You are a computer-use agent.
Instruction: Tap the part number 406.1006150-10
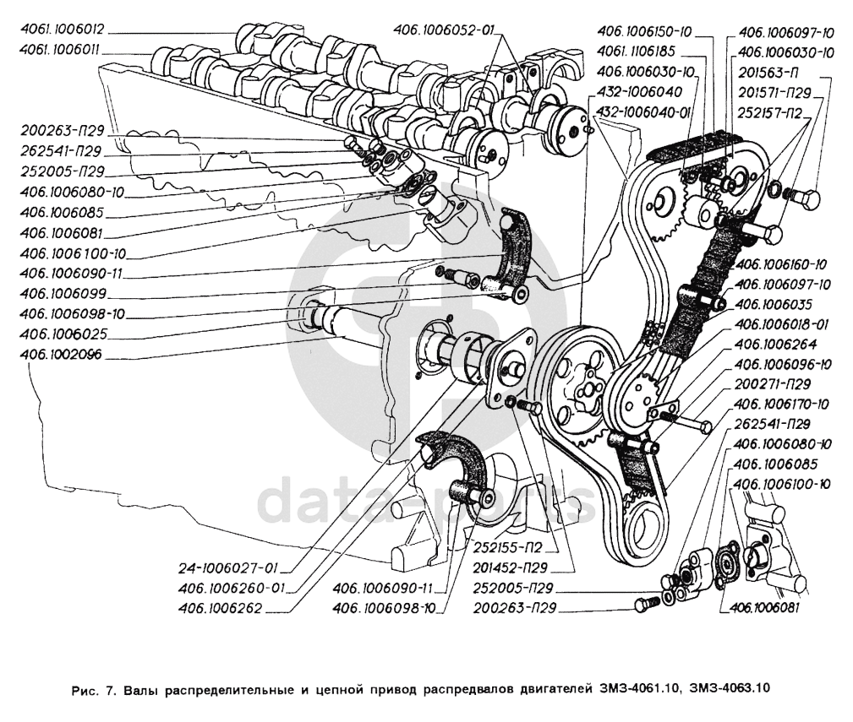pos(644,33)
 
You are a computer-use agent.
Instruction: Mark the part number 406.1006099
pos(63,295)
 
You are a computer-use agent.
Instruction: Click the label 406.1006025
pos(62,334)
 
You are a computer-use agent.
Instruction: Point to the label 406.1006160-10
pos(780,264)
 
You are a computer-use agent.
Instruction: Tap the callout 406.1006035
pos(774,304)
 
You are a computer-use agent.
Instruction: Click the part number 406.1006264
pos(774,345)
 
